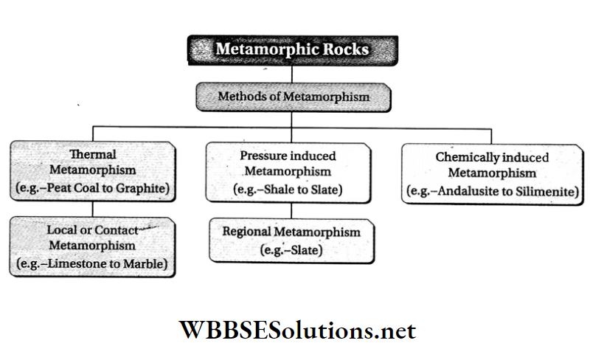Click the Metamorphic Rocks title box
tap(292, 50)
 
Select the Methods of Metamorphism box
tap(293, 97)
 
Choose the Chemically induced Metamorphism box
tap(492, 174)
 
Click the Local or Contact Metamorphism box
tap(93, 245)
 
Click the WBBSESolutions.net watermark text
tap(298, 329)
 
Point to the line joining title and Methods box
tap(292, 74)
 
